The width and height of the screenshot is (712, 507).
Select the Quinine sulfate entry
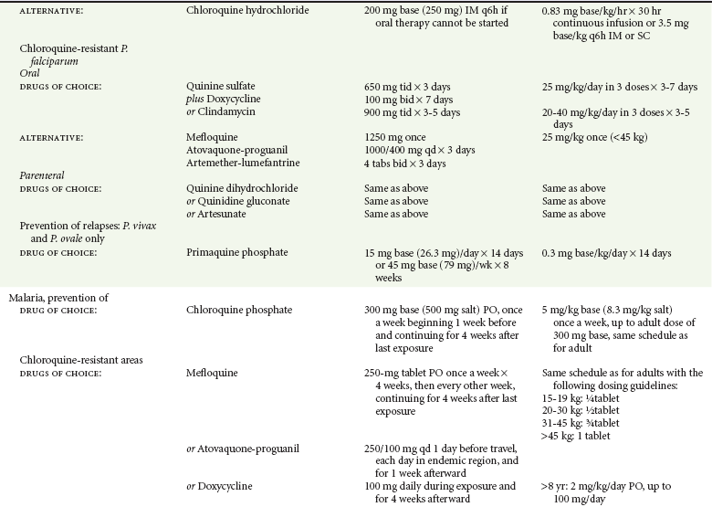(220, 87)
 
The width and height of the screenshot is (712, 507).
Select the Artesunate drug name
(223, 214)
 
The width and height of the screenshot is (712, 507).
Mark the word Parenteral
(45, 175)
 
